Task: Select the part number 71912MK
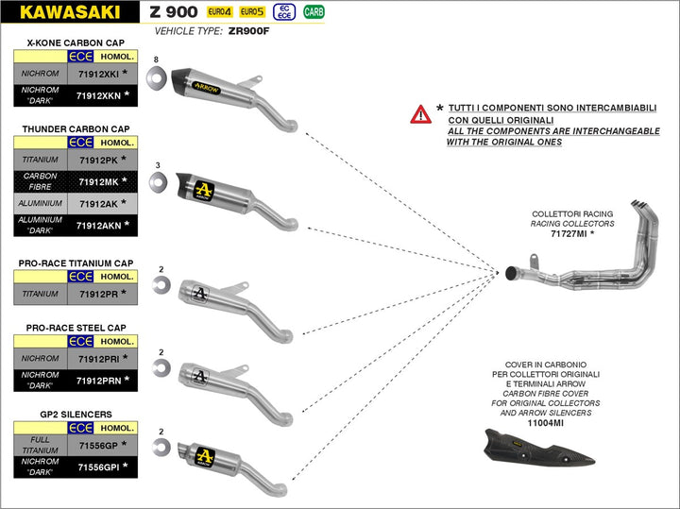pyautogui.click(x=98, y=181)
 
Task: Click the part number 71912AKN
pyautogui.click(x=98, y=226)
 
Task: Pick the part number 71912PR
pyautogui.click(x=98, y=294)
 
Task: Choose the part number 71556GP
pyautogui.click(x=98, y=445)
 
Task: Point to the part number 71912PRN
pyautogui.click(x=98, y=380)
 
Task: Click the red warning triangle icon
pyautogui.click(x=420, y=114)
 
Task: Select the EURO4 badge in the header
pyautogui.click(x=220, y=12)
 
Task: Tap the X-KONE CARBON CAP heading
pyautogui.click(x=76, y=42)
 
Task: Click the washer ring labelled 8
pyautogui.click(x=160, y=74)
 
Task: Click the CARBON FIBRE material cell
pyautogui.click(x=41, y=181)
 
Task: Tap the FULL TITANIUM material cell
pyautogui.click(x=41, y=445)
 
